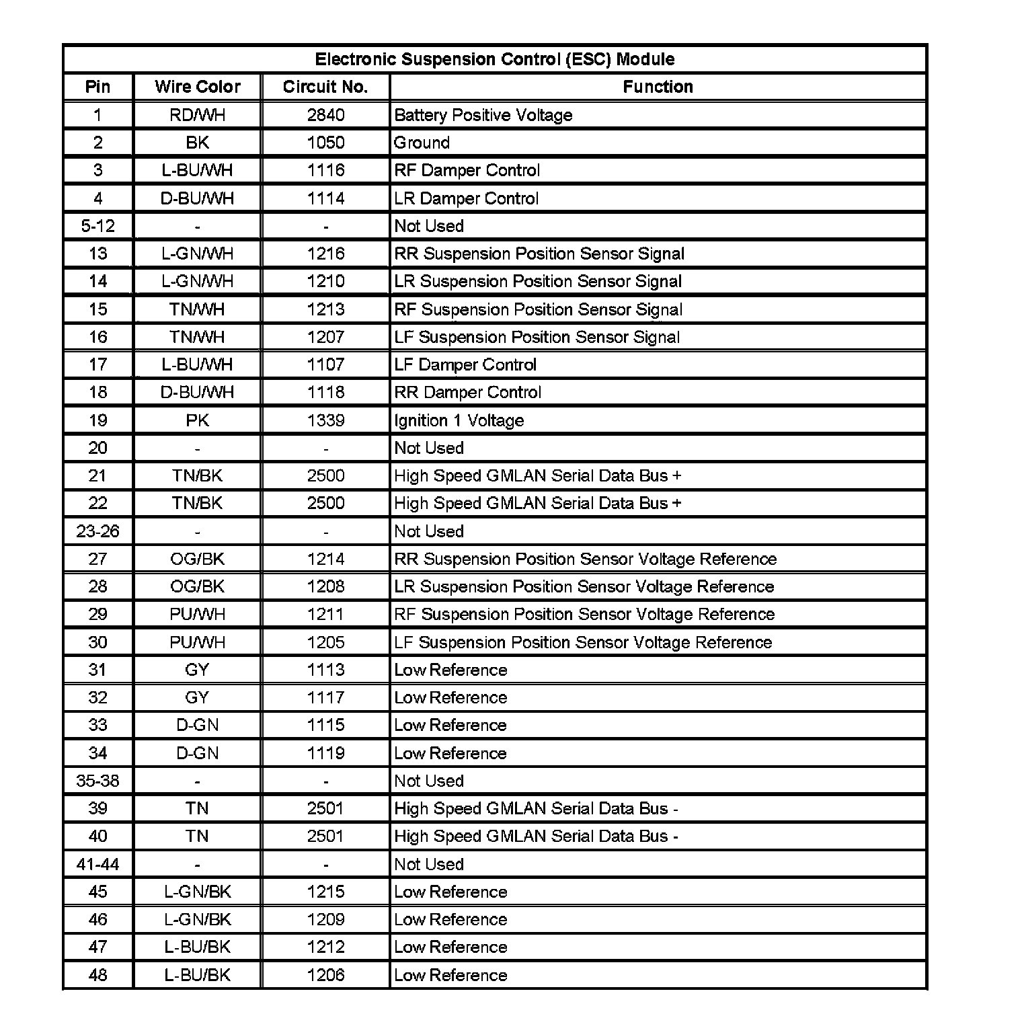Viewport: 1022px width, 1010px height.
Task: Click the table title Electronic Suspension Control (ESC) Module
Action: coord(495,59)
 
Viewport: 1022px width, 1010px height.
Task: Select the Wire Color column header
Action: coord(197,87)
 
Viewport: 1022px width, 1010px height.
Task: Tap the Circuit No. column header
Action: coord(325,87)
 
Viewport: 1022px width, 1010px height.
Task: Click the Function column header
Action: coord(658,87)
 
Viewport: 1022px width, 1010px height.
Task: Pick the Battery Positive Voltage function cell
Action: coord(483,115)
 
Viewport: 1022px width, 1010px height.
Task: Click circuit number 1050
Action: coord(325,143)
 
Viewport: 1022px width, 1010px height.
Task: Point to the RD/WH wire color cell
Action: coord(197,115)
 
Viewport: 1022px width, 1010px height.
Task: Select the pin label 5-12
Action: coord(98,226)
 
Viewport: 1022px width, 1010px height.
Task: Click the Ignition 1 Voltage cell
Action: coord(459,420)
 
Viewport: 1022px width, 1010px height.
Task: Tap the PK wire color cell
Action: coord(197,420)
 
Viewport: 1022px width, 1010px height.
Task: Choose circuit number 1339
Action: coord(325,420)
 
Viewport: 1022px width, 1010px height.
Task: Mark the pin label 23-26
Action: coord(98,531)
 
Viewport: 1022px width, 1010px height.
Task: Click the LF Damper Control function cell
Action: coord(465,364)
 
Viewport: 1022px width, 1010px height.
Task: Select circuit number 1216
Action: coord(325,254)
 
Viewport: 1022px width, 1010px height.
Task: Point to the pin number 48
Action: coord(98,975)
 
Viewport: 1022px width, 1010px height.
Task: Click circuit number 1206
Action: coord(325,975)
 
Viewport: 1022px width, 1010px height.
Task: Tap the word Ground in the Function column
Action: coord(422,143)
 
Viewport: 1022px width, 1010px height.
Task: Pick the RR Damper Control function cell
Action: coord(467,392)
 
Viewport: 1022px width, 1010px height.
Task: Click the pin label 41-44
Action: coord(98,864)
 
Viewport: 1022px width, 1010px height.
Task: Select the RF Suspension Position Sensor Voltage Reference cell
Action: coord(584,614)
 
